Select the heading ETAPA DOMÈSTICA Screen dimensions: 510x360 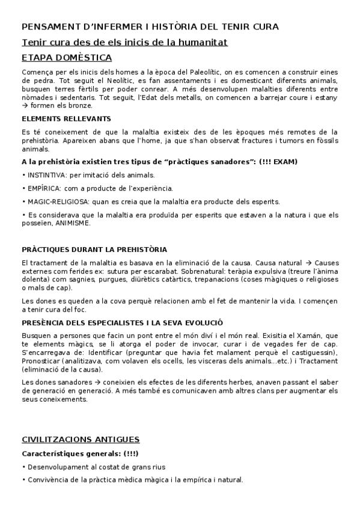(x=66, y=58)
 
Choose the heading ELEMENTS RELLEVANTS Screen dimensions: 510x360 (x=66, y=118)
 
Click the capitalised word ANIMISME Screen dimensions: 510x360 (x=73, y=223)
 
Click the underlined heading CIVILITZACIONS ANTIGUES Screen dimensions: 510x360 (x=81, y=439)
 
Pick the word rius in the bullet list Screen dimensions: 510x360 (x=157, y=467)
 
